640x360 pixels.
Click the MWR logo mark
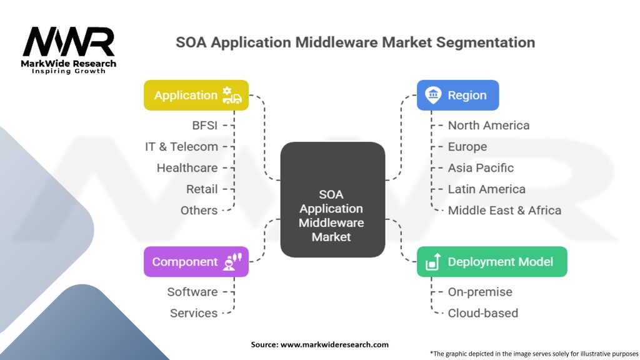pos(69,42)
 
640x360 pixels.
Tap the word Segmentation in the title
pos(485,42)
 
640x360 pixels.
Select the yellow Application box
pos(196,95)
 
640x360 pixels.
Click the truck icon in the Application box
pos(232,95)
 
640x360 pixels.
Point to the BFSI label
pos(205,125)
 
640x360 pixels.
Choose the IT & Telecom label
pos(182,146)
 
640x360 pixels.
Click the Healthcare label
pos(187,167)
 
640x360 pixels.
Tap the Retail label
pos(202,189)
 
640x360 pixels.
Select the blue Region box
pos(457,95)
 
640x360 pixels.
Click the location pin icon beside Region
pos(433,95)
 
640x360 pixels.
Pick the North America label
pos(489,125)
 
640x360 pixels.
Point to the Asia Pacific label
pos(481,167)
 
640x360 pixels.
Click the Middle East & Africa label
pos(504,210)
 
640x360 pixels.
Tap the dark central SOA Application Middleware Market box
pos(332,199)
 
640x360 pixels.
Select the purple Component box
pos(196,262)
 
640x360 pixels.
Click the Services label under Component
pos(194,313)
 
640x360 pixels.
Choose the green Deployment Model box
pos(492,262)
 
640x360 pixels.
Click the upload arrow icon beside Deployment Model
pos(433,262)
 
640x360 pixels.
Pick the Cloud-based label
pos(483,313)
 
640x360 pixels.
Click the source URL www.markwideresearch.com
pos(334,344)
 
